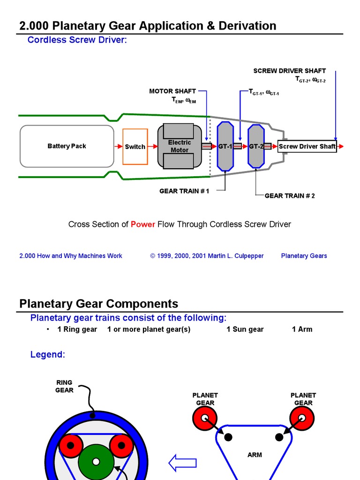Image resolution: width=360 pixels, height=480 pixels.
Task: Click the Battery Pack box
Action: pyautogui.click(x=67, y=146)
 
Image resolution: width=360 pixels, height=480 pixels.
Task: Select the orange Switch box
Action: pyautogui.click(x=135, y=147)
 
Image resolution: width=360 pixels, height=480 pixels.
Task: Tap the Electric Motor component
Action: pyautogui.click(x=179, y=146)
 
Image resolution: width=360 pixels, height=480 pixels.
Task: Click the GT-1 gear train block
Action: pyautogui.click(x=225, y=146)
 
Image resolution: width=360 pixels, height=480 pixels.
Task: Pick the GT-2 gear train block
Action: pyautogui.click(x=256, y=146)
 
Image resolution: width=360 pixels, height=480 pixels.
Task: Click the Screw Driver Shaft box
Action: pyautogui.click(x=307, y=147)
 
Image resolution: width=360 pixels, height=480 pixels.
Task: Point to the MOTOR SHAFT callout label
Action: pyautogui.click(x=172, y=91)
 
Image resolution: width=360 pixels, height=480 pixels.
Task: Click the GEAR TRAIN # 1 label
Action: pyautogui.click(x=184, y=191)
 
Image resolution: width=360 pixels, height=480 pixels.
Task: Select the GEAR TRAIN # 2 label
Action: pyautogui.click(x=290, y=195)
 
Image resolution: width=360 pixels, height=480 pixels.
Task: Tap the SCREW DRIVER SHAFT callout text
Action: pyautogui.click(x=289, y=71)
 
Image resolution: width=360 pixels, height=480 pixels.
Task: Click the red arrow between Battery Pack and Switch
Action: pyautogui.click(x=118, y=147)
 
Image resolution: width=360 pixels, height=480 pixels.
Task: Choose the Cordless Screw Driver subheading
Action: pyautogui.click(x=77, y=40)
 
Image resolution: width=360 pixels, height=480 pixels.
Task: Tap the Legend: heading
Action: pyautogui.click(x=48, y=354)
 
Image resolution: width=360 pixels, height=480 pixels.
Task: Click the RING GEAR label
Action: pyautogui.click(x=64, y=386)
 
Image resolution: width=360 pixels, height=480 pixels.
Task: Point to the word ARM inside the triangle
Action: pyautogui.click(x=255, y=455)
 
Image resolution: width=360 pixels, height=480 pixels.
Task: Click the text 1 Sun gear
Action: pyautogui.click(x=245, y=329)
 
